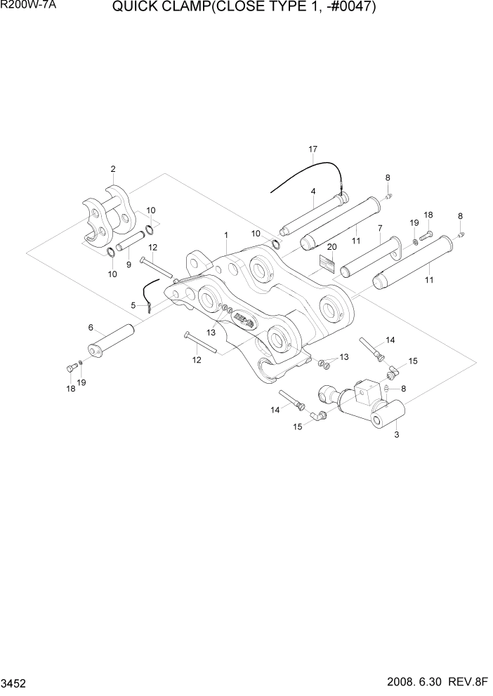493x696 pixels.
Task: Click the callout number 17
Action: [313, 149]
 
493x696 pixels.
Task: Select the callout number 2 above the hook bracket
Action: [112, 168]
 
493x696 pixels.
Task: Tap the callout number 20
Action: [331, 247]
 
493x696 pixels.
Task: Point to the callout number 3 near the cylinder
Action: [397, 436]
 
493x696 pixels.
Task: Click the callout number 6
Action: [133, 305]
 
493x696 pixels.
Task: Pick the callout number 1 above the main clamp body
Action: [91, 328]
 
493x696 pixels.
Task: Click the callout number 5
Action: [379, 228]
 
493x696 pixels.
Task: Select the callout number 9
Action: [129, 265]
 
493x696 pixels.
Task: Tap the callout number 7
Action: [379, 228]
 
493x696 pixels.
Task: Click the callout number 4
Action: [313, 191]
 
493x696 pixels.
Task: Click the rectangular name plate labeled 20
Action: [328, 262]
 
